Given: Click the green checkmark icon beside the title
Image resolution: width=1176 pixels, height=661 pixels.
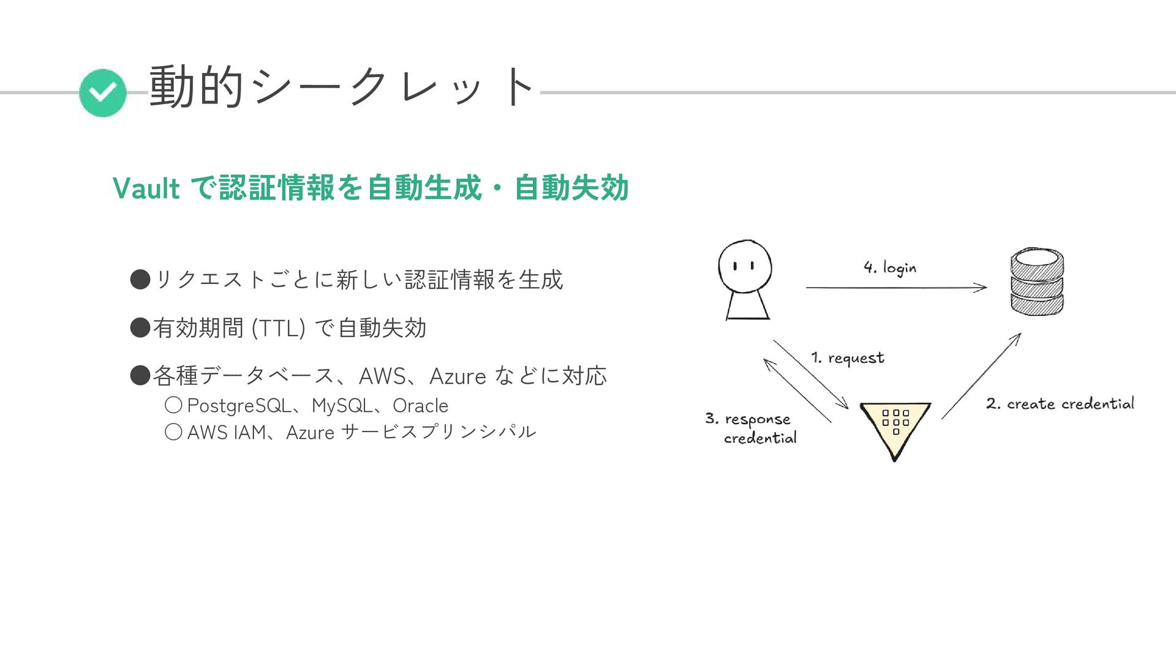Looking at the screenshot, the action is [103, 93].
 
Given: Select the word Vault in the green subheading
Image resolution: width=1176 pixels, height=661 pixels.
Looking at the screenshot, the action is [146, 188].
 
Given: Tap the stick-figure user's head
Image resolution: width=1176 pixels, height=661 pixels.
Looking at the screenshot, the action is [745, 267].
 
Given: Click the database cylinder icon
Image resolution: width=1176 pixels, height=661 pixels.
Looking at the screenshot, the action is [1036, 282].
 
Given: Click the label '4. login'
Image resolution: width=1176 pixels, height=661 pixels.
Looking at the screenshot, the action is [890, 267].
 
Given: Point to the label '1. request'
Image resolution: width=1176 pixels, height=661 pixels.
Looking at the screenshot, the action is [848, 358].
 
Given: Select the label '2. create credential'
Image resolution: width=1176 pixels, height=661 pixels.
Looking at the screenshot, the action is [1060, 404].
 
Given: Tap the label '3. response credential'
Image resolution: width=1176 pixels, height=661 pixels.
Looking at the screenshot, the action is [751, 428].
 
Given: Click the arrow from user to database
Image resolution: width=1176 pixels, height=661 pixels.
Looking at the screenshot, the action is [895, 287].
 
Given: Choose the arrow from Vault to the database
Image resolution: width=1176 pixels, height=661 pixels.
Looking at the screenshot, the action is [981, 376].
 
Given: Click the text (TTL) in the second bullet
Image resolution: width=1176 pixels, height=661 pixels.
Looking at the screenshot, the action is [278, 328].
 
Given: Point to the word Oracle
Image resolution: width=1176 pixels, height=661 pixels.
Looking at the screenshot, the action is [420, 406].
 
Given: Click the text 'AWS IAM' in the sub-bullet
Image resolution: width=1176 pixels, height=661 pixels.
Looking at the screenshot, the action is [226, 433].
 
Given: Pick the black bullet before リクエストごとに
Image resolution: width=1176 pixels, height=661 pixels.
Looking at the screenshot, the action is [140, 280].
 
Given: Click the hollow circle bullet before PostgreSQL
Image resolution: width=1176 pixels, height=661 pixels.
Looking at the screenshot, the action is [173, 405].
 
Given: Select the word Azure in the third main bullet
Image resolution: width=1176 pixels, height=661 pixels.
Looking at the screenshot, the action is [458, 376].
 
